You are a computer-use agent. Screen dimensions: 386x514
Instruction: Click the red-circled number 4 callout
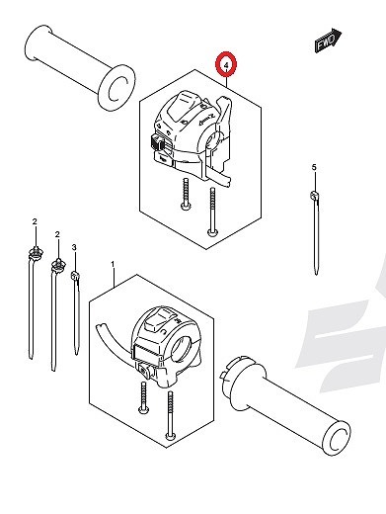pos(226,64)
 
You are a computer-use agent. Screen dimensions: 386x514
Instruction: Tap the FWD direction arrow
pos(328,40)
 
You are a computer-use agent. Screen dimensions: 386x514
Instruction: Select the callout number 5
pos(314,167)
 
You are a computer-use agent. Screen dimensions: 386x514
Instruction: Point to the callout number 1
pos(113,264)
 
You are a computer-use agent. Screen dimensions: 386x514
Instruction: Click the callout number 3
pos(74,247)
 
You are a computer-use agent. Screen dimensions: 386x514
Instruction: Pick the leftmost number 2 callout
pos(35,221)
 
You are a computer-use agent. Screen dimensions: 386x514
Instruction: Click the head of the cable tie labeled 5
pos(314,196)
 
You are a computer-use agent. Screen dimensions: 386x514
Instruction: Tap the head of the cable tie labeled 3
pos(75,275)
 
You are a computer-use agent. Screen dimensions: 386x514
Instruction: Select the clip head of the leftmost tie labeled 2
pos(36,252)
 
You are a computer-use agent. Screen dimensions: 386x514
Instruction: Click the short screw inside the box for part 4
pos(187,194)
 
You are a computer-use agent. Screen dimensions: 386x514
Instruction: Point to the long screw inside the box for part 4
pos(212,212)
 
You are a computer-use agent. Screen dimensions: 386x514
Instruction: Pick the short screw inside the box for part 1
pos(143,397)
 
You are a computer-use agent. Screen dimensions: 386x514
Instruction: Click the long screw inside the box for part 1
pos(170,415)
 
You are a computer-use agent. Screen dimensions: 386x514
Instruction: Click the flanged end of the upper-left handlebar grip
pos(116,87)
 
